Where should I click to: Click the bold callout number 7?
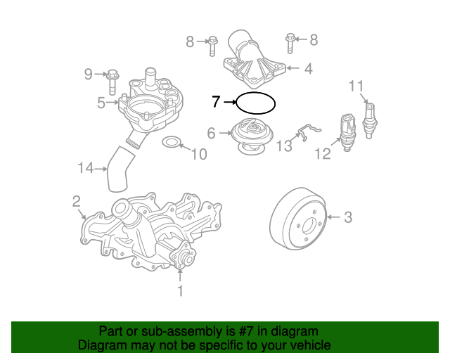tap(217, 102)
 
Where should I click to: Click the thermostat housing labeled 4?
tap(252, 60)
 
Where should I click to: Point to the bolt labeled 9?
tap(113, 74)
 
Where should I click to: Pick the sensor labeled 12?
tap(346, 130)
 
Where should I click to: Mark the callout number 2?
tap(76, 202)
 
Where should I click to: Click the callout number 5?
tap(102, 103)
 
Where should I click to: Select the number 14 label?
tap(86, 168)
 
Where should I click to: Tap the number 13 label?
tap(283, 146)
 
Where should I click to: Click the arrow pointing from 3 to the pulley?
tap(333, 218)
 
